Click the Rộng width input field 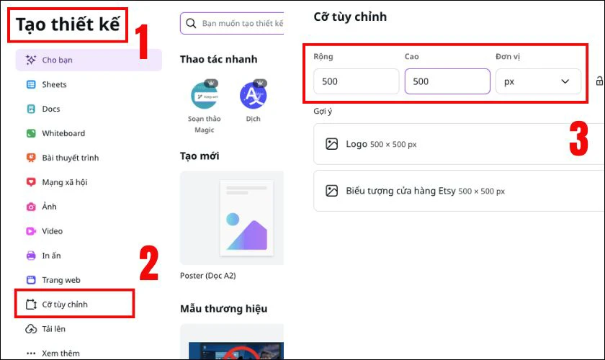pyautogui.click(x=356, y=81)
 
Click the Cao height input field pyautogui.click(x=447, y=81)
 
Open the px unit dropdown pyautogui.click(x=538, y=81)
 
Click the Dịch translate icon pyautogui.click(x=253, y=95)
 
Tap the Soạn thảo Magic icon pyautogui.click(x=205, y=95)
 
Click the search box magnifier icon pyautogui.click(x=191, y=23)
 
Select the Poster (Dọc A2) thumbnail pyautogui.click(x=232, y=218)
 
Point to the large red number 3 pyautogui.click(x=579, y=138)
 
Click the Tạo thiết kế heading pyautogui.click(x=68, y=24)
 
